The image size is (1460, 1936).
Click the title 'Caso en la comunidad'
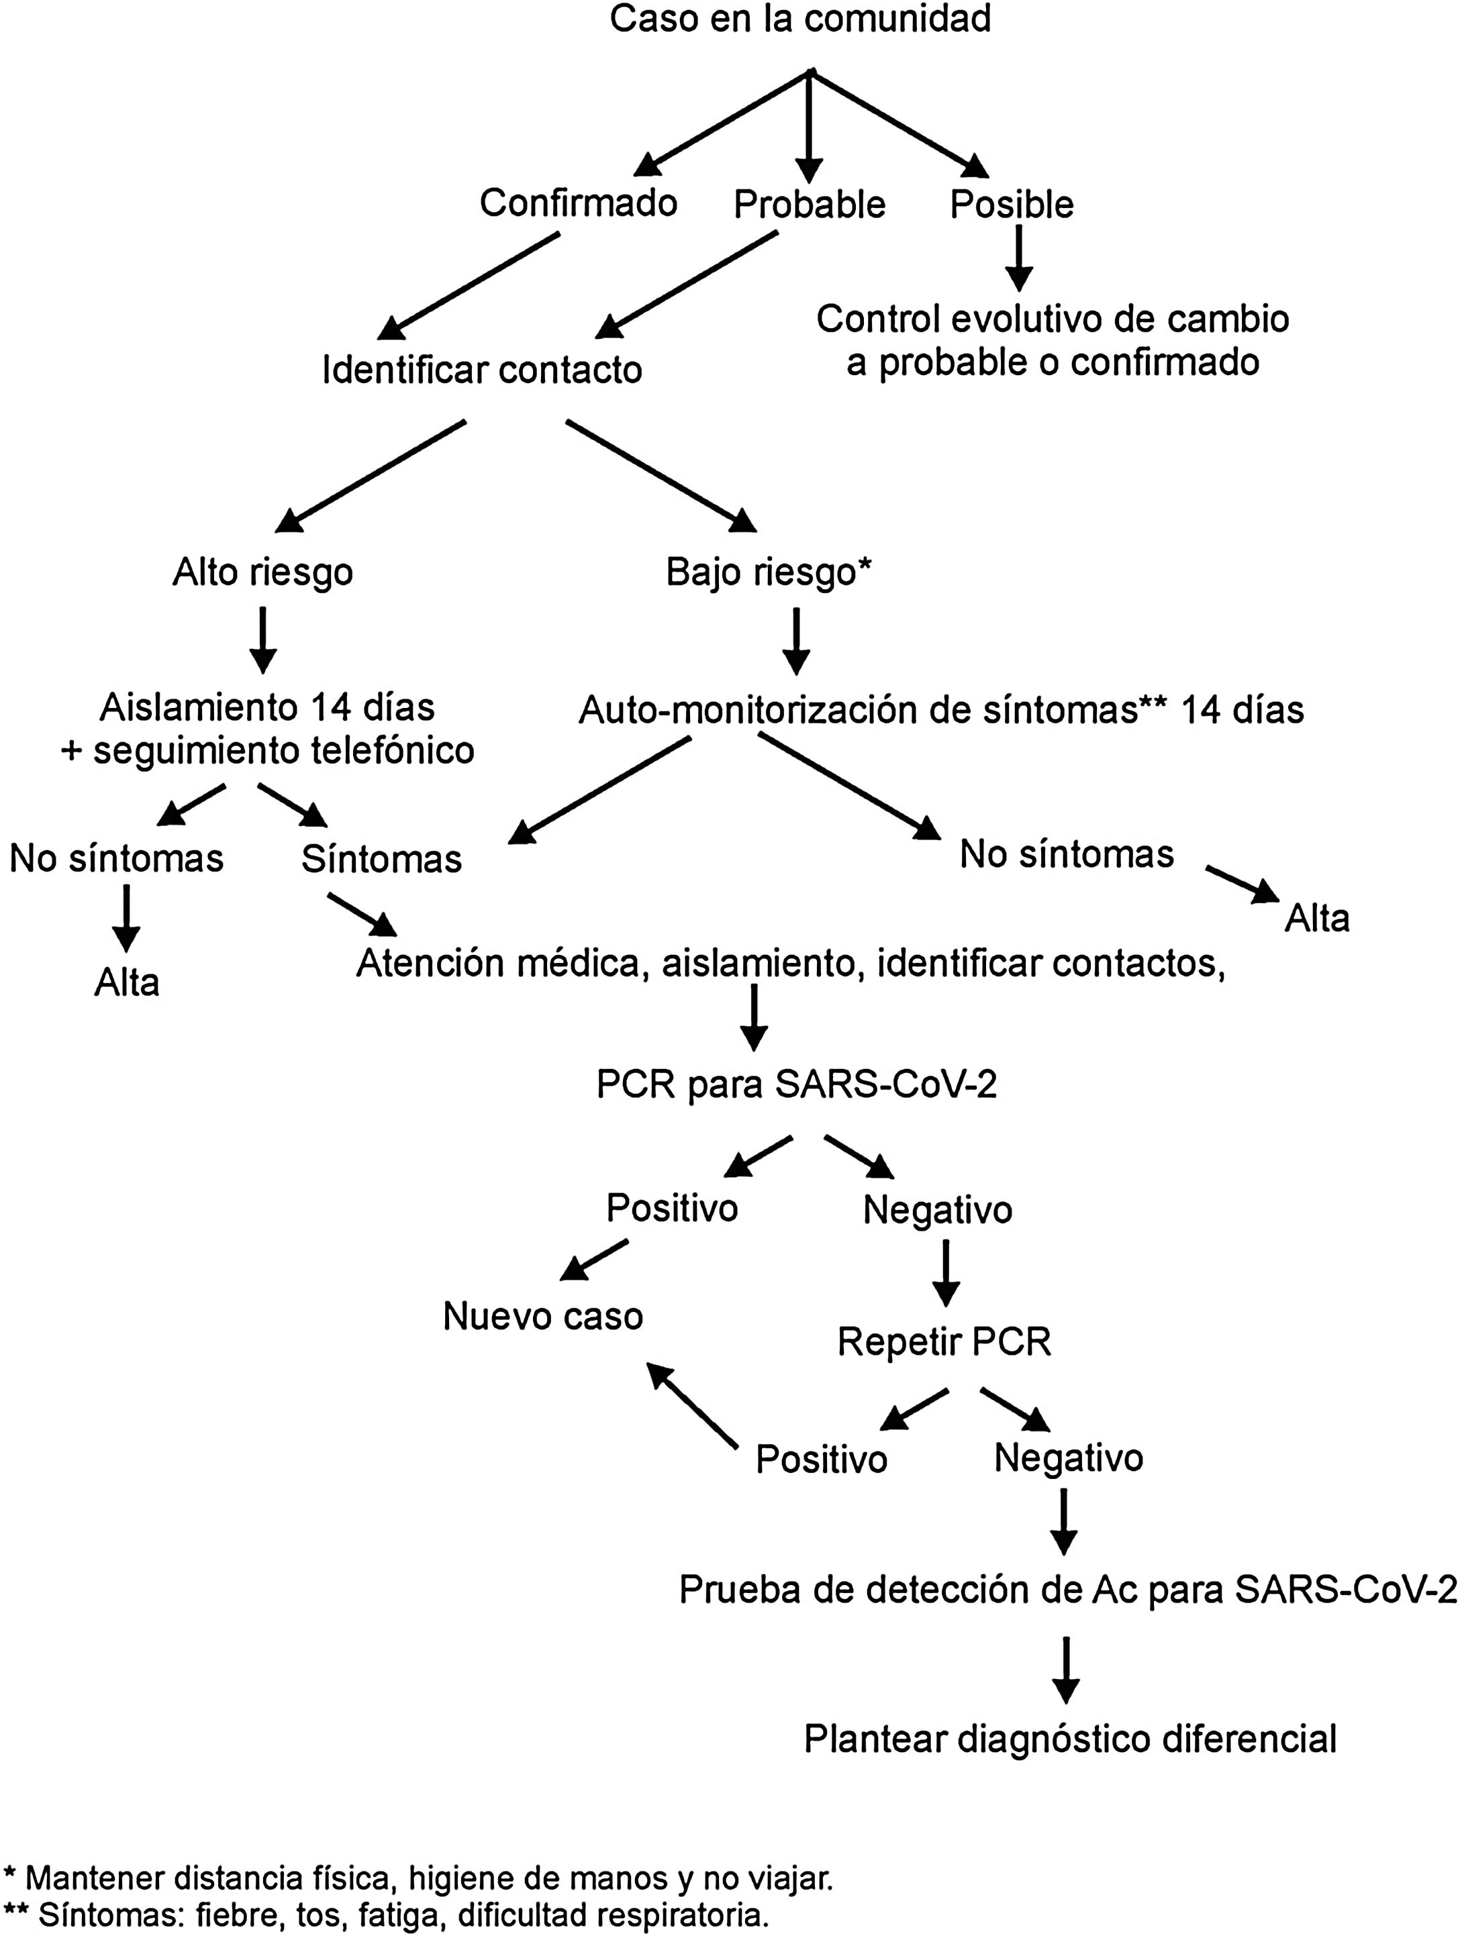point(800,19)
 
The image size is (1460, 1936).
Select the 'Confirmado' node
point(578,203)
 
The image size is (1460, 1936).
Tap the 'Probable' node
point(809,204)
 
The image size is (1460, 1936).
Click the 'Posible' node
point(1011,204)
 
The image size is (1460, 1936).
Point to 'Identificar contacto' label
point(481,369)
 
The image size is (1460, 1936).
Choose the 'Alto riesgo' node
point(262,572)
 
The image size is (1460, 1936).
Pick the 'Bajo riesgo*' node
point(769,572)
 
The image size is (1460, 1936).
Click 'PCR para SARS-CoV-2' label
point(797,1085)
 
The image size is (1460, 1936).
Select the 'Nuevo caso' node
point(542,1315)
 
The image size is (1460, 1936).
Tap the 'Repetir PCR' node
point(944,1341)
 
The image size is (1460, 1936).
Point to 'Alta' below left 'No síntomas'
point(127,982)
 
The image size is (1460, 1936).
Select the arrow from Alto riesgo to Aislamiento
point(262,641)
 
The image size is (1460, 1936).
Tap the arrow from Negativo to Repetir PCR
point(945,1274)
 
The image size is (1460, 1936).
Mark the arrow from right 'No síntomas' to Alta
point(1241,884)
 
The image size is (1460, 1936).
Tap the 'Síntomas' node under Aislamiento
point(382,860)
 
